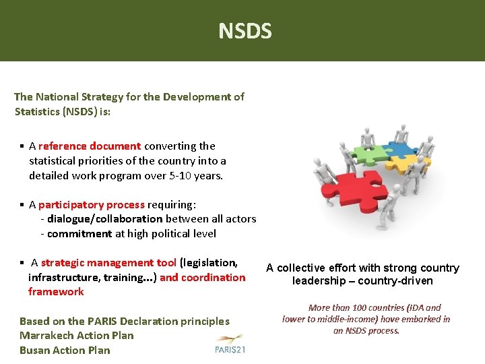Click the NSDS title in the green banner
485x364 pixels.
(245, 31)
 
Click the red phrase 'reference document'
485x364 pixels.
(90, 146)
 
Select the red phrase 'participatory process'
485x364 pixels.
(92, 204)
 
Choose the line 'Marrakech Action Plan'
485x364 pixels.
(77, 336)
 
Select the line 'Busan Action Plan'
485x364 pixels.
(65, 350)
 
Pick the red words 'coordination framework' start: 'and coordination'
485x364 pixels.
(202, 277)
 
